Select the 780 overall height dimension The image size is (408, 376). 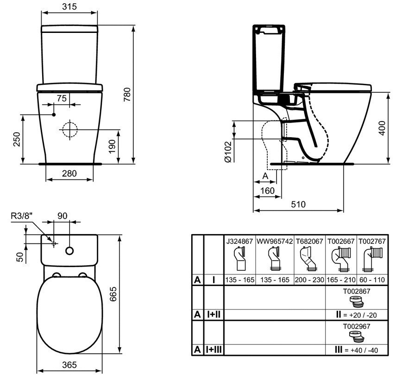click(127, 95)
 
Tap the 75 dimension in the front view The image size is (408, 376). click(62, 98)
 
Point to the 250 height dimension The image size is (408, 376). click(17, 140)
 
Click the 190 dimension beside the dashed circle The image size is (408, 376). click(112, 147)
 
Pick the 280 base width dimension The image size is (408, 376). click(69, 173)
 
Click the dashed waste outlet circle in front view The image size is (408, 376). click(70, 129)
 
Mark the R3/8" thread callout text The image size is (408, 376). click(22, 216)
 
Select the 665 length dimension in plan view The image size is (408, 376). click(113, 294)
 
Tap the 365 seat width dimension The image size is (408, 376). click(69, 365)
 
